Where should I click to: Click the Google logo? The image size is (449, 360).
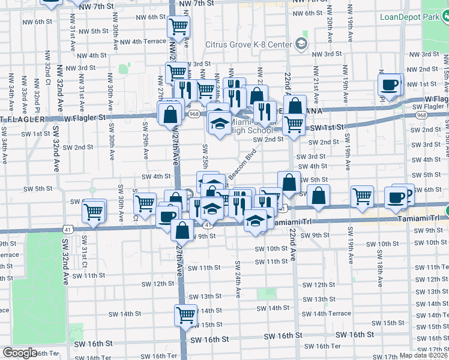(20, 353)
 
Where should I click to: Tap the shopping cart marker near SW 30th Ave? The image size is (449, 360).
(94, 211)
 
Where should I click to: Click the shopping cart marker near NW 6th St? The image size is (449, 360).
(178, 26)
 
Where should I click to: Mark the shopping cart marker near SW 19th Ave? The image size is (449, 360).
(363, 196)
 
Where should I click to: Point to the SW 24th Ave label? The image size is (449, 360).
(238, 280)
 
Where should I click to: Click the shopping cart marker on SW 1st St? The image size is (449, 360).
(294, 125)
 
